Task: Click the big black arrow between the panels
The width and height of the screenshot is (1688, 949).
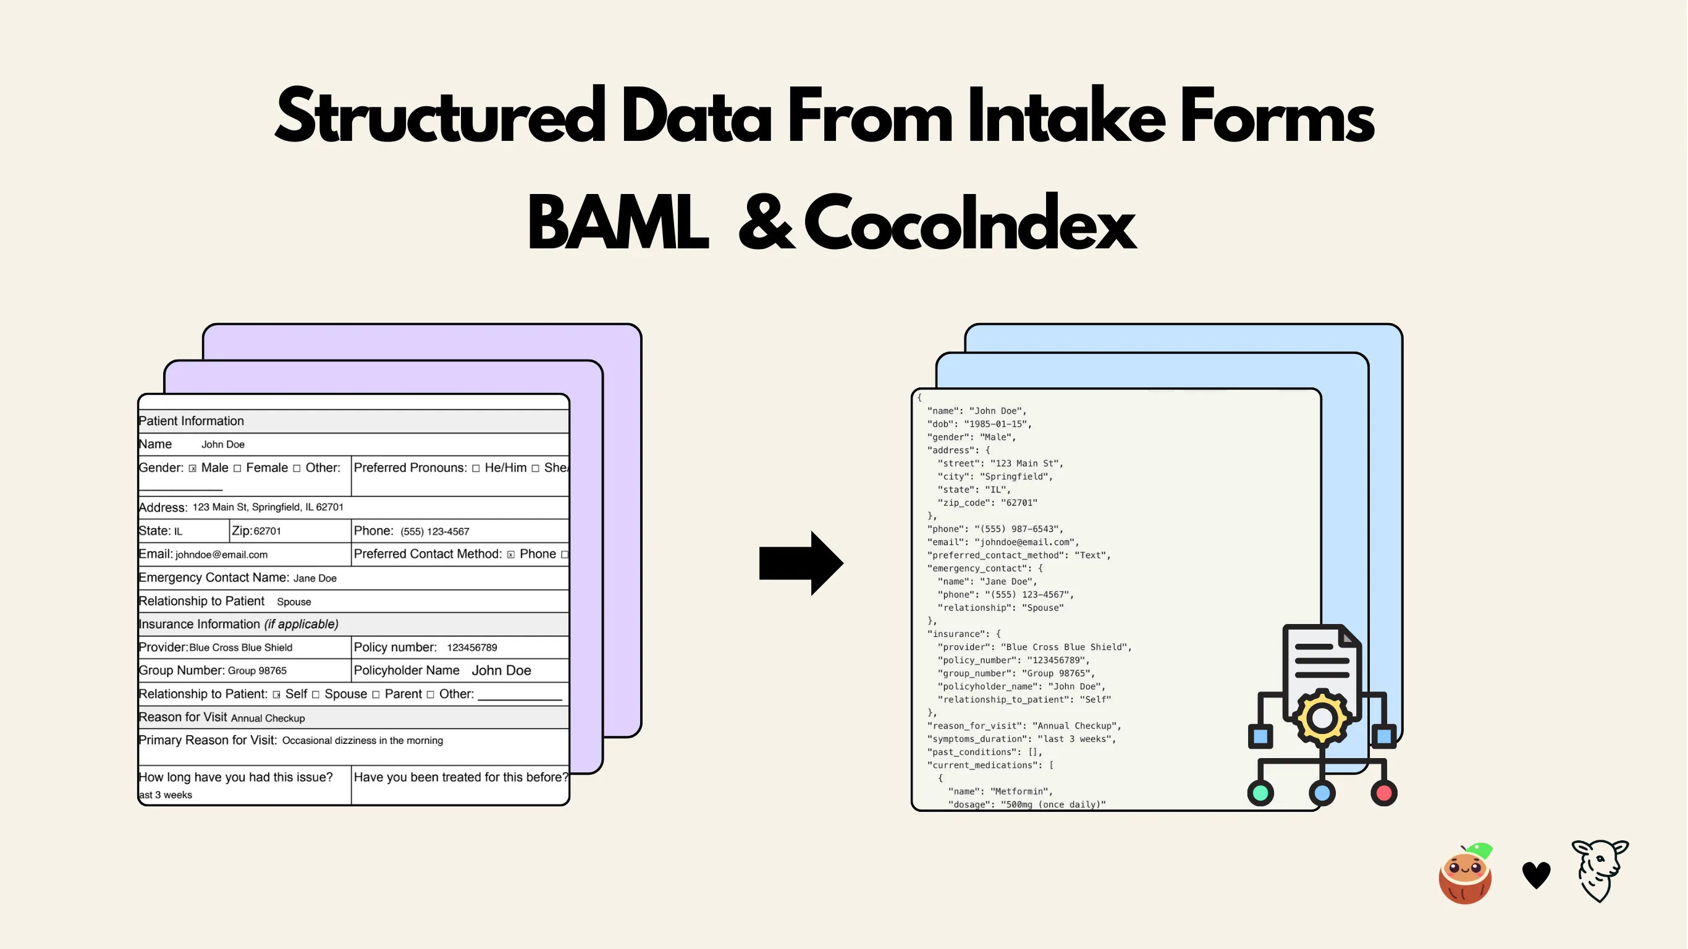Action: [x=801, y=563]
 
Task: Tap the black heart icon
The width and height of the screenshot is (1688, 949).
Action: [x=1536, y=875]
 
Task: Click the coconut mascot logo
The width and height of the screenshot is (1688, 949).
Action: [x=1466, y=874]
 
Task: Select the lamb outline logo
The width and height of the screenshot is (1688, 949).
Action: [x=1600, y=871]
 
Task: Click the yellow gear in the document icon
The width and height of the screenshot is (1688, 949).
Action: [x=1322, y=718]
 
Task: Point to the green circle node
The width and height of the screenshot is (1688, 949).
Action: [x=1260, y=793]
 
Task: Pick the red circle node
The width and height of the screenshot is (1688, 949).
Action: [x=1384, y=793]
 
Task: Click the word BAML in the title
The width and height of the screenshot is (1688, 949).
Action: [x=618, y=223]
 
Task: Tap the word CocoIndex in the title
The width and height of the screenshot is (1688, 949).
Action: [x=970, y=223]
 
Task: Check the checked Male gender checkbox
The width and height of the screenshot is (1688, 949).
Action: [x=193, y=468]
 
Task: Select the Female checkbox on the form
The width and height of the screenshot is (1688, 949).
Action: [x=237, y=468]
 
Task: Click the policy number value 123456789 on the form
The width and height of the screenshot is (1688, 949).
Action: [x=472, y=647]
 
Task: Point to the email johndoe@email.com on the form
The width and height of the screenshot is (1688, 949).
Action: [x=221, y=554]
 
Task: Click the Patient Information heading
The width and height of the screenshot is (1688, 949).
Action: [x=192, y=421]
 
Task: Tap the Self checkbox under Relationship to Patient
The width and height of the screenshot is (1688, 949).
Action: [x=277, y=694]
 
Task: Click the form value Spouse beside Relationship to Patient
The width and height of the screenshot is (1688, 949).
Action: [x=294, y=602]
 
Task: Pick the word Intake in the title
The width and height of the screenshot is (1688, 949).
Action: [x=1066, y=117]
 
